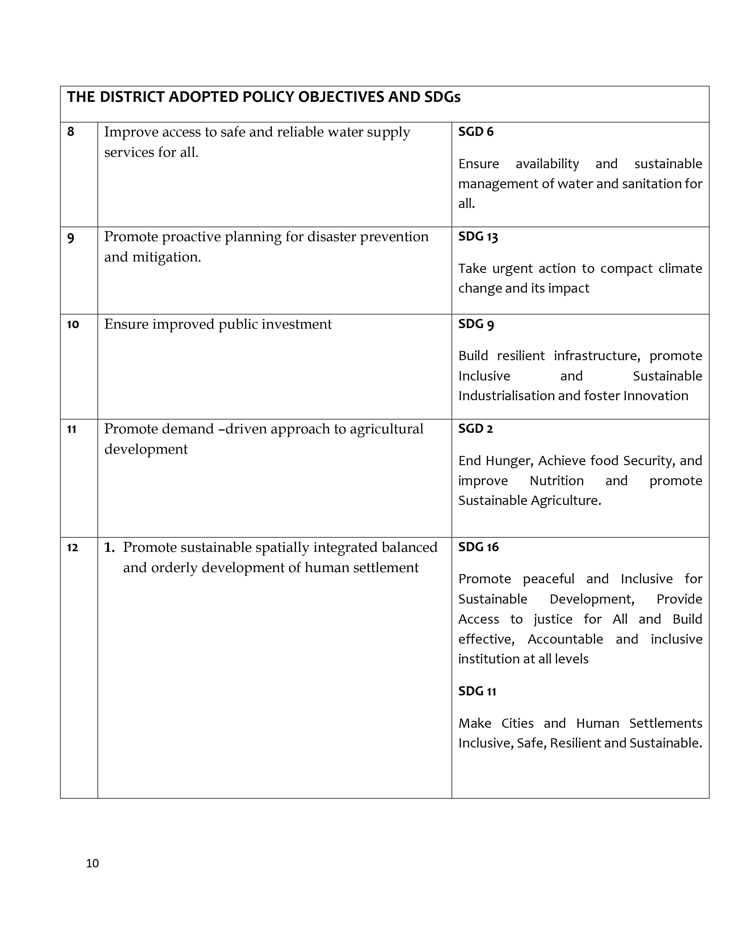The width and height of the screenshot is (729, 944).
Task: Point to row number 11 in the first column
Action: (x=71, y=429)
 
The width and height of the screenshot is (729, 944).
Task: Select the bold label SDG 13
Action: (x=478, y=237)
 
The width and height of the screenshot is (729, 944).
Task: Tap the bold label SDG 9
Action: (x=476, y=324)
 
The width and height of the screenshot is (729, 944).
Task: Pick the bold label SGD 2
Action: (x=475, y=429)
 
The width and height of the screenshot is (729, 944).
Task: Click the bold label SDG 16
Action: (x=478, y=547)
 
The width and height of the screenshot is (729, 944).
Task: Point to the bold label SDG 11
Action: (x=477, y=692)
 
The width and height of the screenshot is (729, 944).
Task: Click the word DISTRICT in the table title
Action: (x=132, y=97)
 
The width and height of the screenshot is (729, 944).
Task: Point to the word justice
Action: (x=553, y=619)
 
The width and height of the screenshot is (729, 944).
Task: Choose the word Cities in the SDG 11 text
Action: (x=517, y=723)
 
